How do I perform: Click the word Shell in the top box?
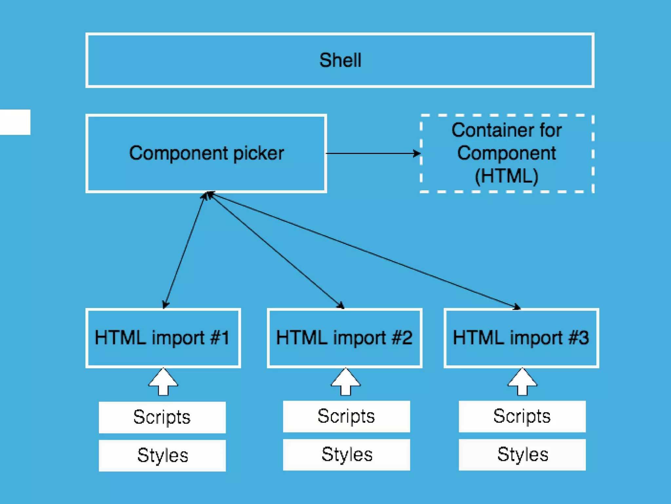340,60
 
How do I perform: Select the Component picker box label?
206,153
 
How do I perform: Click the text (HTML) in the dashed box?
507,176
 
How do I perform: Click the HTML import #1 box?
163,338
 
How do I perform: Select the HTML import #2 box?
344,338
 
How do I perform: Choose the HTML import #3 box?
521,338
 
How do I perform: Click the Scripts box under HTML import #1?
162,417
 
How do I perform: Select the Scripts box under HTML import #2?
346,416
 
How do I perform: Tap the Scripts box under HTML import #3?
522,416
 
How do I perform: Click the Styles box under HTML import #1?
162,455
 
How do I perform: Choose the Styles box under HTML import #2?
346,454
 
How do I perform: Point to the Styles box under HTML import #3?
522,454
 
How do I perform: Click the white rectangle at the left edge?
15,122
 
